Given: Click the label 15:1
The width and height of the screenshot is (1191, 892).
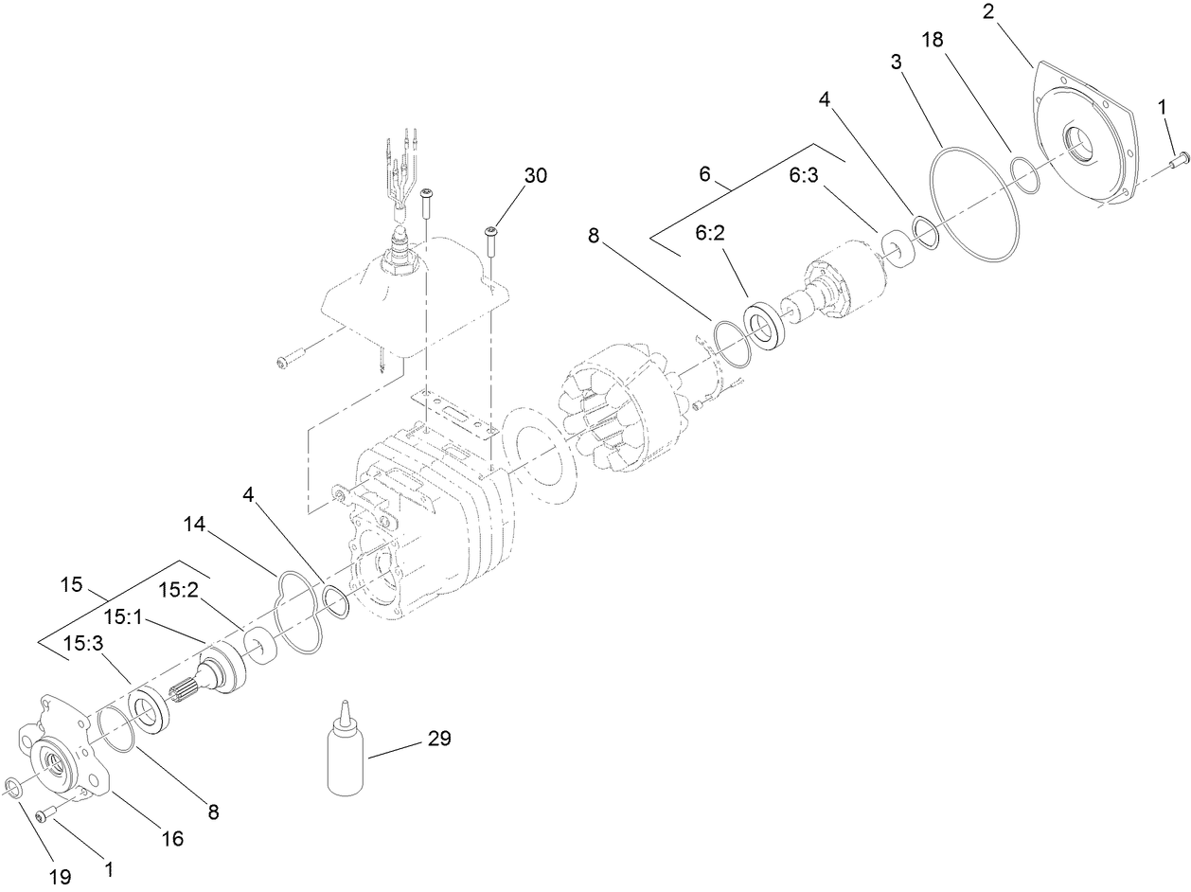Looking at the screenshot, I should [x=123, y=617].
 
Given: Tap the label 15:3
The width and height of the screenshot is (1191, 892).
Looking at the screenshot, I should [x=82, y=643].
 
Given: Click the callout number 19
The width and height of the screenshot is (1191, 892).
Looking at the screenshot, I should [x=60, y=877].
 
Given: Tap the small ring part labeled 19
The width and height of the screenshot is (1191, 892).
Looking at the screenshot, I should [x=14, y=787].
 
